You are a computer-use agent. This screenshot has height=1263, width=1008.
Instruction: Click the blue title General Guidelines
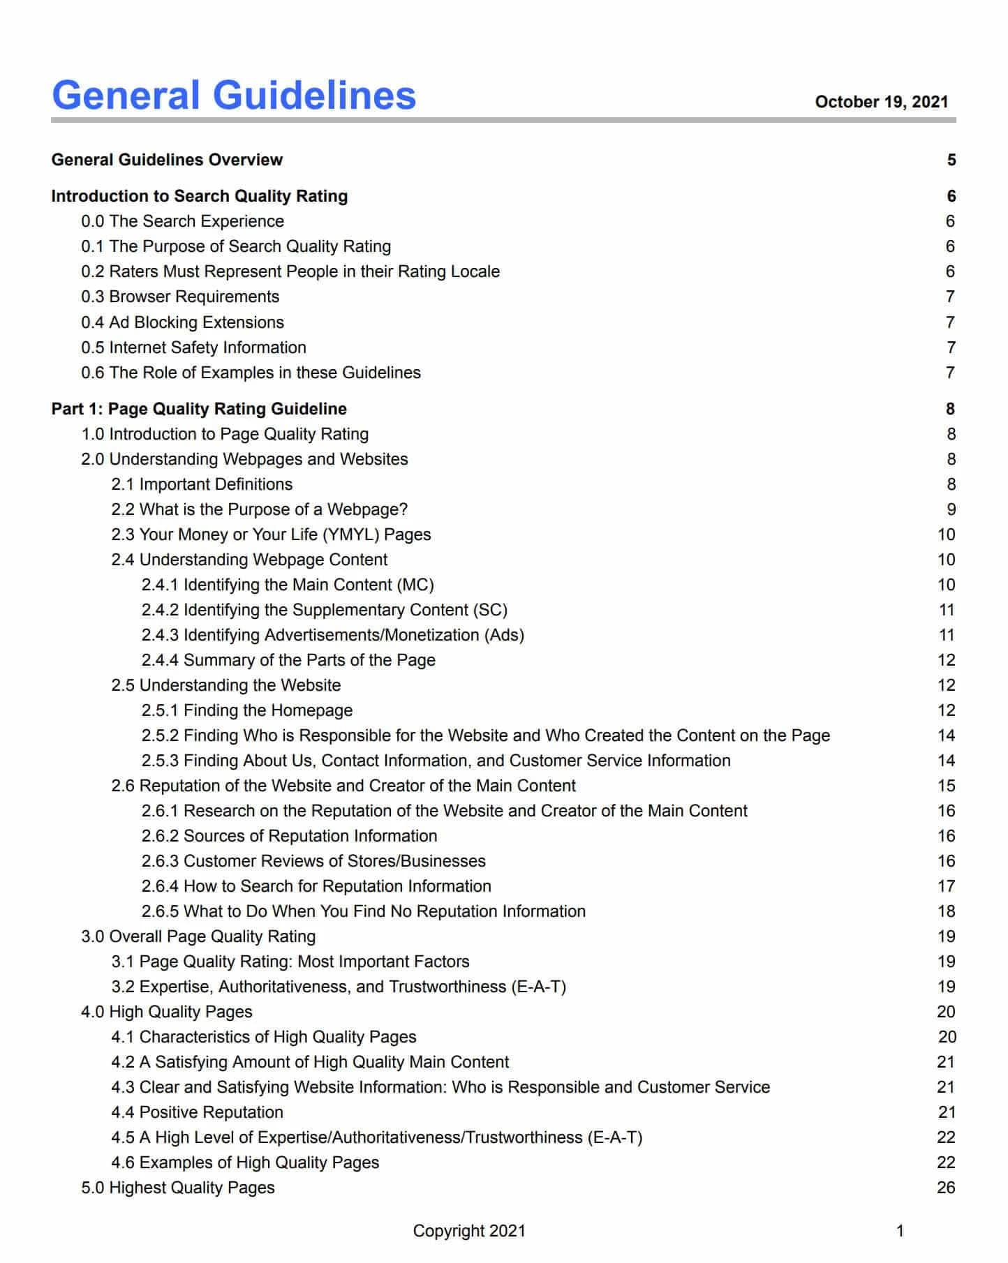[234, 96]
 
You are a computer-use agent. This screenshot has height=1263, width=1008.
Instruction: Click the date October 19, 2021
[881, 102]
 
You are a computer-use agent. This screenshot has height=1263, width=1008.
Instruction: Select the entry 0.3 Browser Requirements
[180, 297]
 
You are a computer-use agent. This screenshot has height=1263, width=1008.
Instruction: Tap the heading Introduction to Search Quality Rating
[199, 196]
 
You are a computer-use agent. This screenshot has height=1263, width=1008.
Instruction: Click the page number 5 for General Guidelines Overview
[951, 160]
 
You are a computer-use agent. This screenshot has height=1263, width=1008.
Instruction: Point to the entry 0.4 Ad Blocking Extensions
[182, 322]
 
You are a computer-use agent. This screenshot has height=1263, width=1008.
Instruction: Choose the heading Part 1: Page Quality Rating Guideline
[199, 409]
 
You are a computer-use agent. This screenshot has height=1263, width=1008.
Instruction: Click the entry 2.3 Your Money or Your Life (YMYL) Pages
[271, 535]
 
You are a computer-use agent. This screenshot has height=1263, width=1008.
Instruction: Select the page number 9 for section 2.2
[951, 509]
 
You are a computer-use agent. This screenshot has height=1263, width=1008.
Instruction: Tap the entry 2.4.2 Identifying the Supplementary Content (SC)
[324, 610]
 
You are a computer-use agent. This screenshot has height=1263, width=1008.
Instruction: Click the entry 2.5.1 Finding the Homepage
[246, 710]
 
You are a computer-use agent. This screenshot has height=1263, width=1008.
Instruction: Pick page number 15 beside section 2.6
[946, 786]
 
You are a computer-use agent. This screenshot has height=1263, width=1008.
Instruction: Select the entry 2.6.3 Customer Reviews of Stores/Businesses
[313, 861]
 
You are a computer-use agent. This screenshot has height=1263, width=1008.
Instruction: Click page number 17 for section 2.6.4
[946, 886]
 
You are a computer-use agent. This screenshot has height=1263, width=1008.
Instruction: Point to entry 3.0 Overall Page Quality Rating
[198, 936]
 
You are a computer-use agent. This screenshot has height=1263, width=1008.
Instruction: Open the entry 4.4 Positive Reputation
[197, 1112]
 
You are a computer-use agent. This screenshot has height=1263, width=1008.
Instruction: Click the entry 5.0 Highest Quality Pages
[178, 1188]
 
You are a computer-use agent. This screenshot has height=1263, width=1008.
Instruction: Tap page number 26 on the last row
[946, 1188]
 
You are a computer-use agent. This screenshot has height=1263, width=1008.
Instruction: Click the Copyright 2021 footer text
[469, 1231]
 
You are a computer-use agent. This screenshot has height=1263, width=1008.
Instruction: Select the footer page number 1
[900, 1231]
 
